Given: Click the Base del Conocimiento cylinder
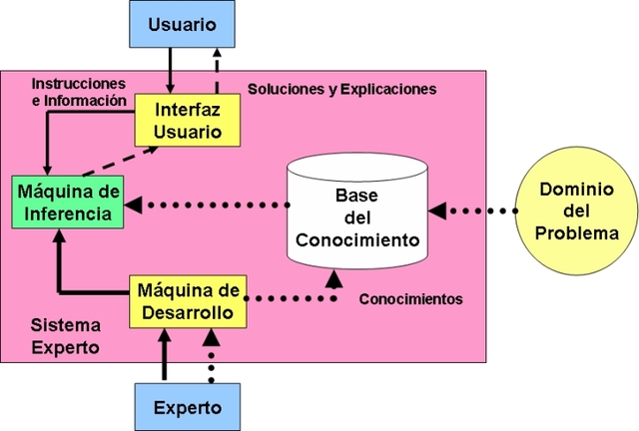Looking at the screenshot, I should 356,210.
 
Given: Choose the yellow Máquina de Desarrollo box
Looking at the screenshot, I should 188,301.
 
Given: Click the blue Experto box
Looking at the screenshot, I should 187,406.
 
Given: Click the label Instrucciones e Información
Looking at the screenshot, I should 79,91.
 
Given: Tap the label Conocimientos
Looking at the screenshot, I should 410,298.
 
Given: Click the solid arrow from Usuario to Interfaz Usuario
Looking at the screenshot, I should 170,70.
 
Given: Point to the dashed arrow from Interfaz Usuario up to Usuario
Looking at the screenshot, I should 218,70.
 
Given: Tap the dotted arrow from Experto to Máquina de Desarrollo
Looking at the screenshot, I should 210,359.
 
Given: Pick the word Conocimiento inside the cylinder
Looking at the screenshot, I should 357,239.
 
